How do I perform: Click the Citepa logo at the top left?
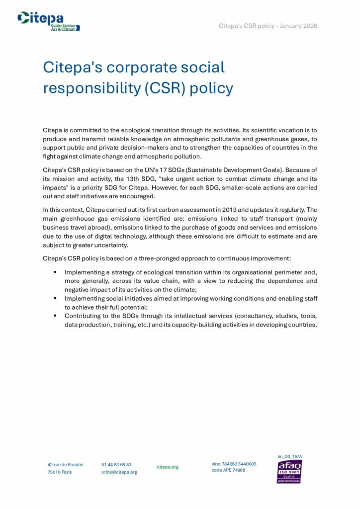(x=49, y=21)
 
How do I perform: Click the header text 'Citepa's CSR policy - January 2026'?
(x=268, y=26)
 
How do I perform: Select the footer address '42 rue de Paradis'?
(x=66, y=464)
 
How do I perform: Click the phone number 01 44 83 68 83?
(x=116, y=464)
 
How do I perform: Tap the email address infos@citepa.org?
(x=119, y=472)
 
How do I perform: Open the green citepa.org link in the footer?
(x=168, y=467)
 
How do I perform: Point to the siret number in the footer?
(x=234, y=464)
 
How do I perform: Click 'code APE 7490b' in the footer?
(x=228, y=470)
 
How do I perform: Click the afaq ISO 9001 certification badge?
(x=289, y=471)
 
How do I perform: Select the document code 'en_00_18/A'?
(x=289, y=456)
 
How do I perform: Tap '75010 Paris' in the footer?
(x=60, y=472)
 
